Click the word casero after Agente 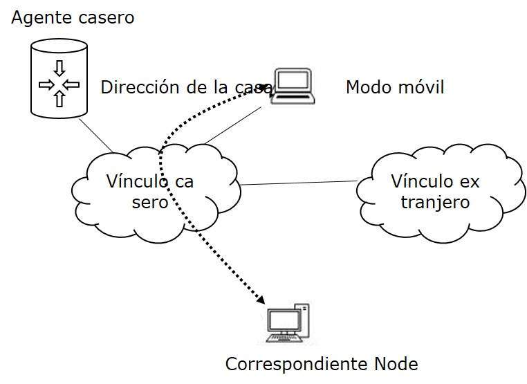(106, 18)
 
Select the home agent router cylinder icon (59, 77)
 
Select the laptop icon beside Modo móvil (293, 86)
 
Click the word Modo (367, 87)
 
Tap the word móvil (420, 87)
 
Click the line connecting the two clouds (297, 183)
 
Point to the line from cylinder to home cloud (96, 134)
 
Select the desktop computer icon (287, 324)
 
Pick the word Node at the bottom (395, 364)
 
